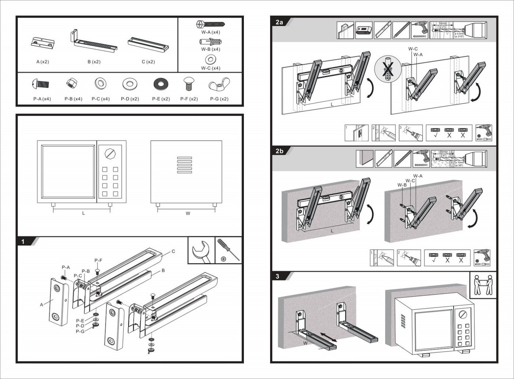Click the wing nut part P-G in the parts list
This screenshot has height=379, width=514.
tap(219, 85)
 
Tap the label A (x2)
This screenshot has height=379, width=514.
tap(43, 62)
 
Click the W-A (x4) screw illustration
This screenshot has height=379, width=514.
tap(210, 25)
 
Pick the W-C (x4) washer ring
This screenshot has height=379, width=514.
tap(211, 59)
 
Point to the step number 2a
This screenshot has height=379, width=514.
tap(279, 22)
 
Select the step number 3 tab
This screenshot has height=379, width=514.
tap(278, 276)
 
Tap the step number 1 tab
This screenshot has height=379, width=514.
tap(23, 242)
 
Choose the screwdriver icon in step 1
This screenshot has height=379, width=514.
tap(228, 250)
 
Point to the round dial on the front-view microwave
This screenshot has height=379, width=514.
tap(110, 153)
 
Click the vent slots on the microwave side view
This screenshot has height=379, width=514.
tap(184, 165)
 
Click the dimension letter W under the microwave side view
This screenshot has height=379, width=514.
tap(188, 213)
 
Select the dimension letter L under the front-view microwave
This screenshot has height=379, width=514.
tap(83, 213)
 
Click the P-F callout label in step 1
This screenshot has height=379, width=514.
tap(98, 260)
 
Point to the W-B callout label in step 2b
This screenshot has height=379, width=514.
tap(402, 185)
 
